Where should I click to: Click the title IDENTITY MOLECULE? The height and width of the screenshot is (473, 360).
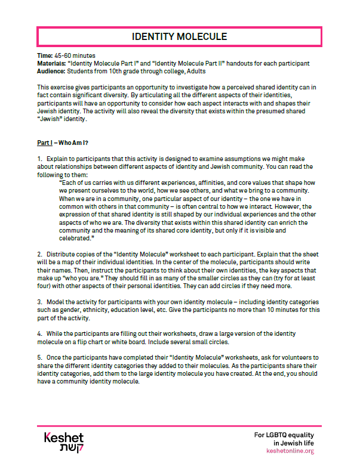pyautogui.click(x=180, y=38)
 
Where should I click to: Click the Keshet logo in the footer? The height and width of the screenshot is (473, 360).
pyautogui.click(x=63, y=442)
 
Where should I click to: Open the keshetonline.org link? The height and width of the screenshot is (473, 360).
pyautogui.click(x=290, y=451)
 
